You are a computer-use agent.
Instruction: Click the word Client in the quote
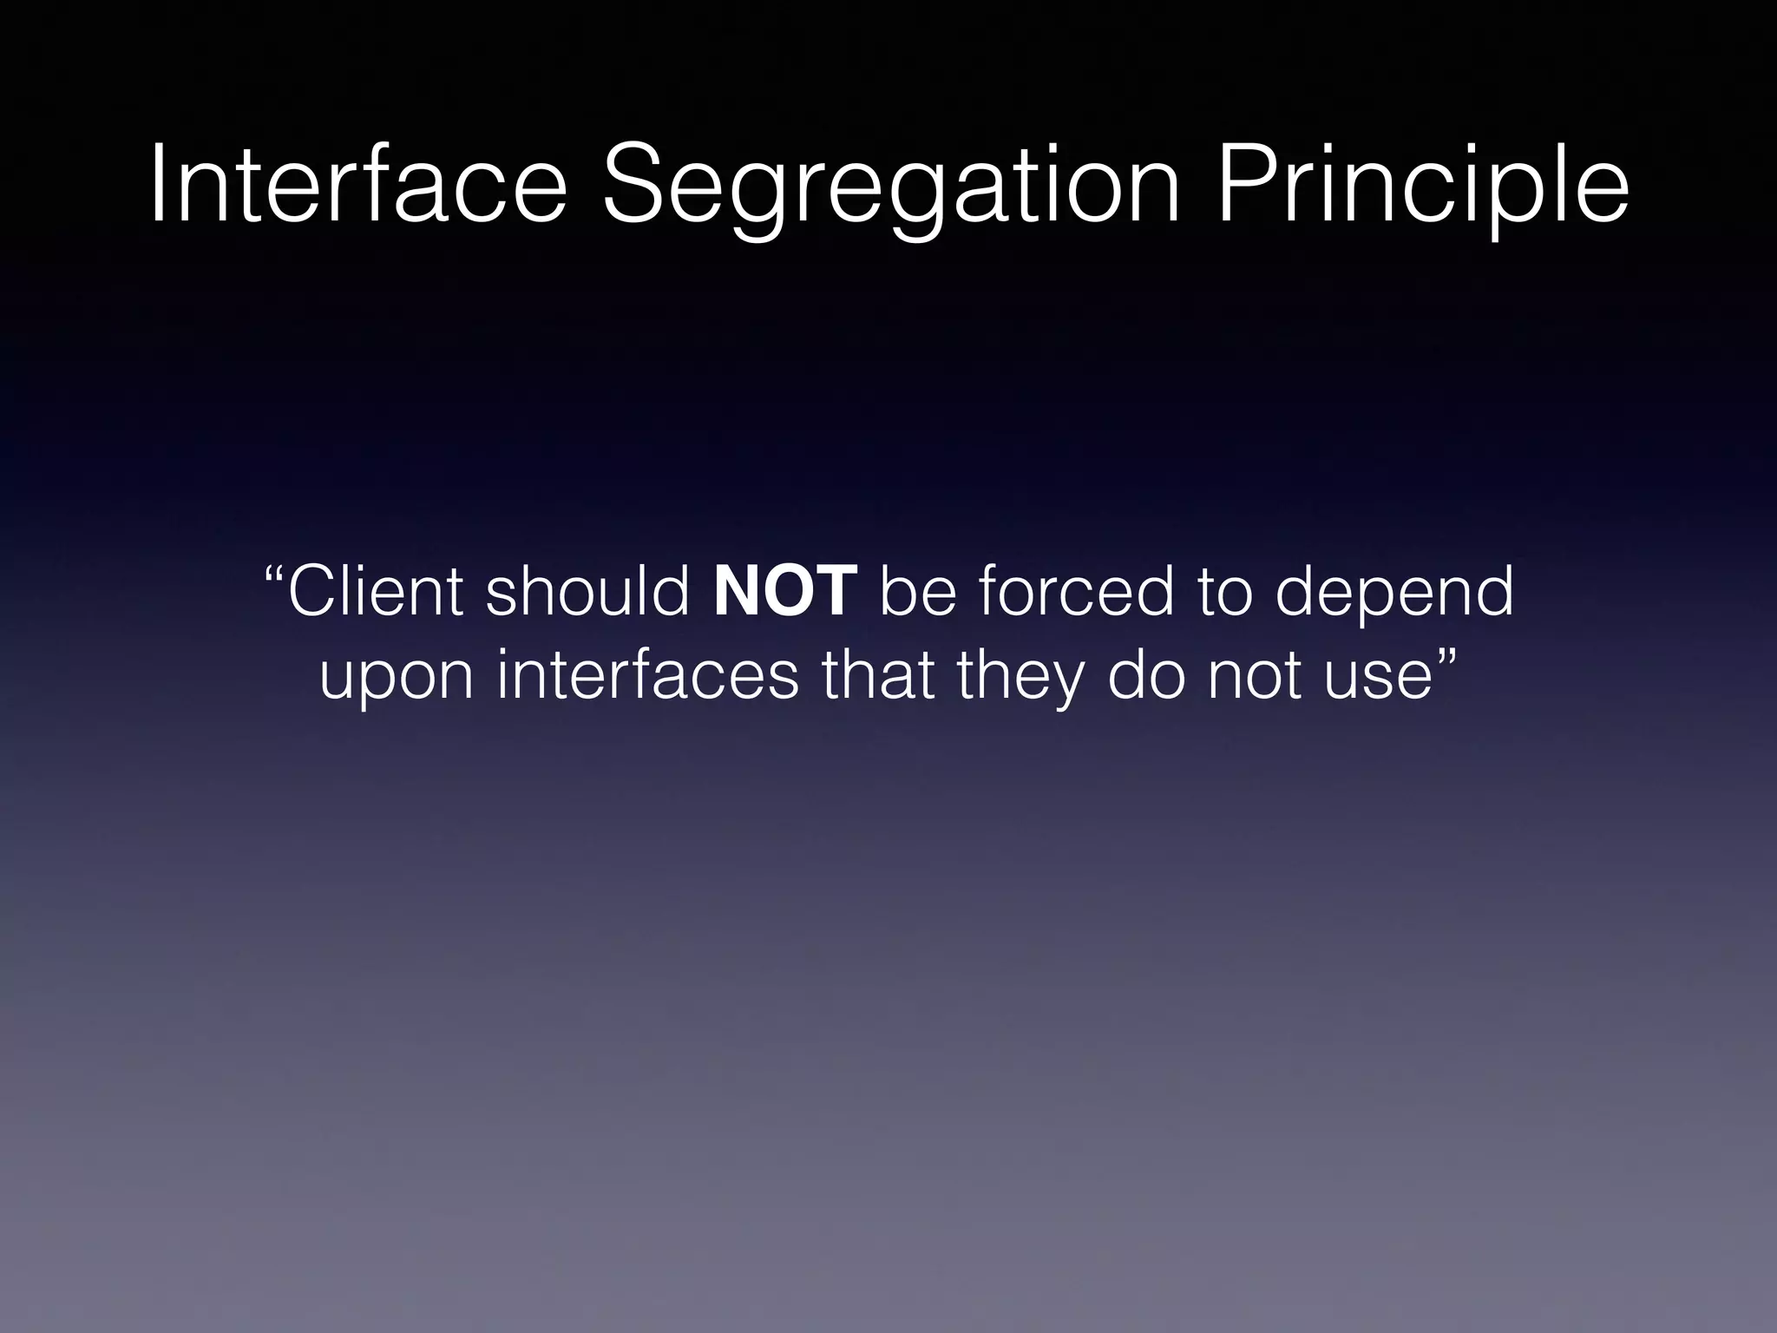point(375,591)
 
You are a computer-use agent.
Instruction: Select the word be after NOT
point(918,591)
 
